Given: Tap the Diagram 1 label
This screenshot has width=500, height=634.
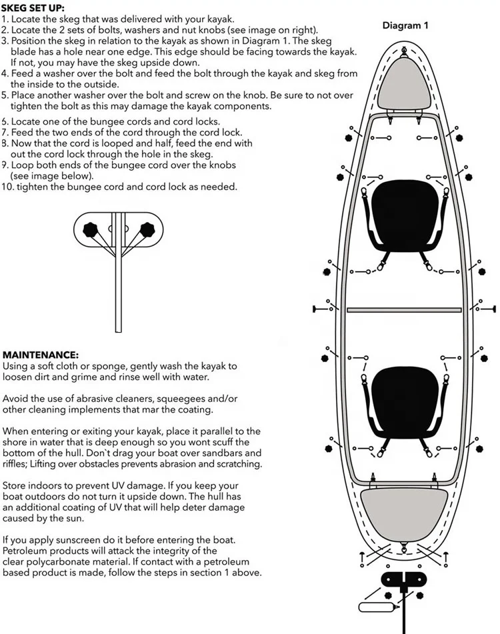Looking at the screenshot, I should tap(405, 25).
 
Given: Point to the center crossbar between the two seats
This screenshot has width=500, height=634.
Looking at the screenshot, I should tap(404, 310).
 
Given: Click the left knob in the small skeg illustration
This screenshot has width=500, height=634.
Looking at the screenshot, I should tap(90, 230).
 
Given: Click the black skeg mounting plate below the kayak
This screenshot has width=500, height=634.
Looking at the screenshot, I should tap(403, 579).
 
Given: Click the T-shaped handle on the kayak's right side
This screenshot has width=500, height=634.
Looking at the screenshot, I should tap(492, 309).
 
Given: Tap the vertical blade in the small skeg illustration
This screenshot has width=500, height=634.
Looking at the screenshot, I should tap(119, 280).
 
